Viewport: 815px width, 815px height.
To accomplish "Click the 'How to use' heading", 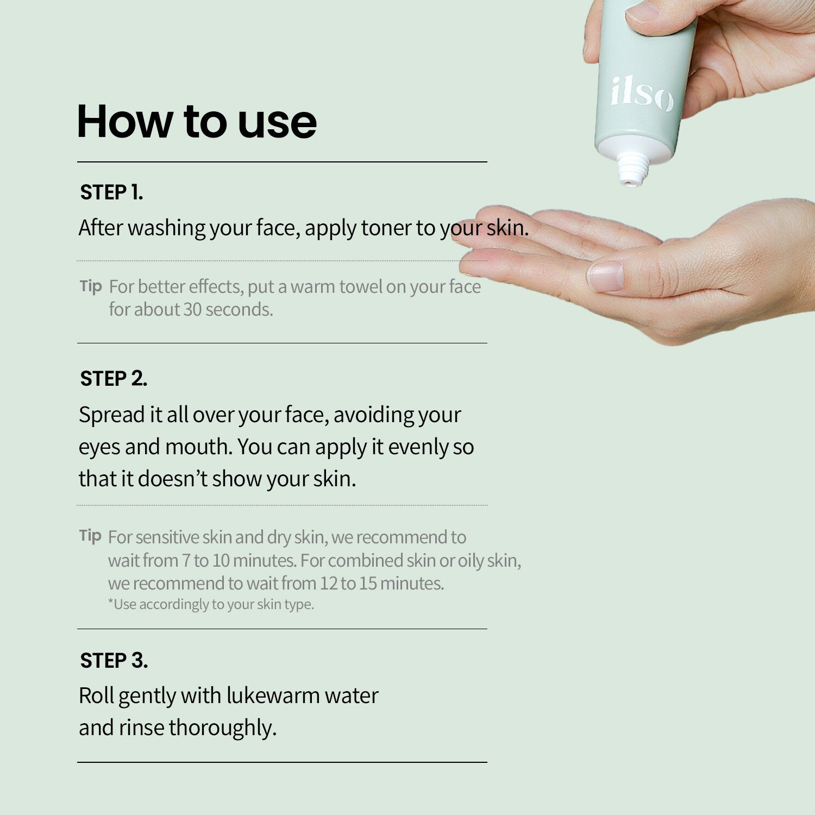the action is pos(197,121).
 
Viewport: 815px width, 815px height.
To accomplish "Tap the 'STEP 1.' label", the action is pos(111,192).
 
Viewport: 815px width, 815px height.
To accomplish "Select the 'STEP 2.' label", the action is pos(114,379).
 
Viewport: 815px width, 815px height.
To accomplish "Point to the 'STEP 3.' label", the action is pos(114,661).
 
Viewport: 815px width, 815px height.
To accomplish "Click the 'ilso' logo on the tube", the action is pos(642,94).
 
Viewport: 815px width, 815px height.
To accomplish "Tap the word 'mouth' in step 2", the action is pos(198,447).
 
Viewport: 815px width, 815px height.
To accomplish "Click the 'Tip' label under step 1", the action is pos(91,286).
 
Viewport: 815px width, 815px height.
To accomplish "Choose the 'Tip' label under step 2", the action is pos(90,536).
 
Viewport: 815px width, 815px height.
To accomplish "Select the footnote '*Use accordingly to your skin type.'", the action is pos(211,604).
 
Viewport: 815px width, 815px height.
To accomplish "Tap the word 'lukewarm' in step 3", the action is pos(272,695).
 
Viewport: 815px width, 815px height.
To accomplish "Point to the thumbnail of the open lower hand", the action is pos(605,276).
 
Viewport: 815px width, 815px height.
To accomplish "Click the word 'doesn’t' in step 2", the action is pos(172,479).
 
